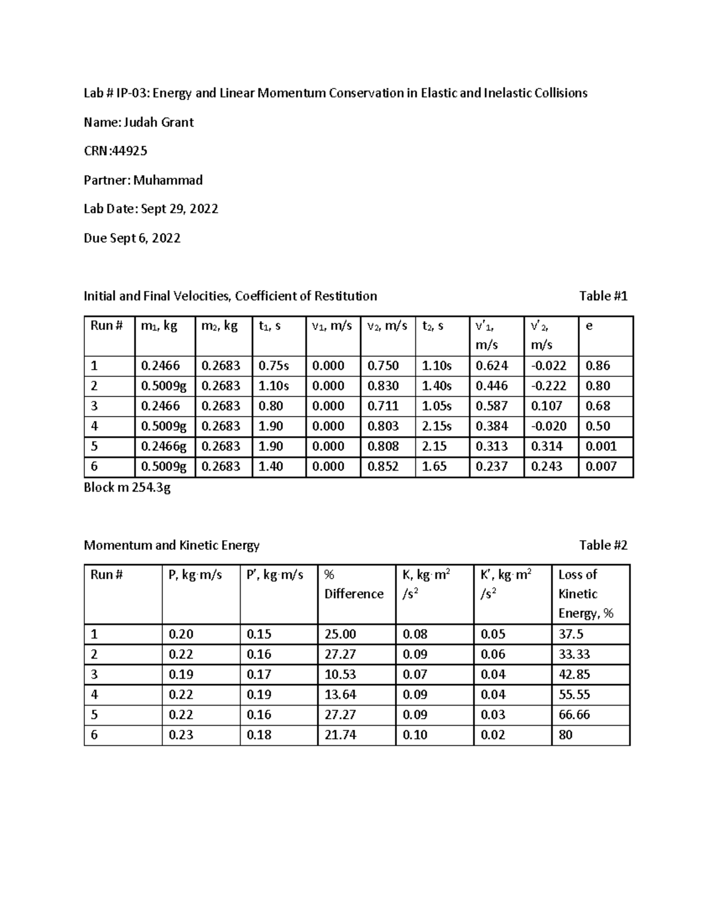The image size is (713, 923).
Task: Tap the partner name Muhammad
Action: tap(168, 180)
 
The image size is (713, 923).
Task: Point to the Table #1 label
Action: tap(603, 296)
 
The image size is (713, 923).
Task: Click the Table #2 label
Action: tap(603, 545)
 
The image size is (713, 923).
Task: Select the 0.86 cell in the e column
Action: tap(598, 366)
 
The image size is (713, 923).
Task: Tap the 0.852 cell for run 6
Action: tap(383, 467)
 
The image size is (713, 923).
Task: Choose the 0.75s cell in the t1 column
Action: tap(274, 366)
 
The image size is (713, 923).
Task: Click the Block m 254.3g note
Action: tap(127, 488)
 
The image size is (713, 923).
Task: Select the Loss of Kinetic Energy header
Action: tap(585, 594)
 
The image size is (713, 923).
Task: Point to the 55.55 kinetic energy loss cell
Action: tap(574, 695)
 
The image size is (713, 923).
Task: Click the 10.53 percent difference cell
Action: tap(340, 675)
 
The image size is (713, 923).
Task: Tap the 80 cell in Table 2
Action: tap(566, 735)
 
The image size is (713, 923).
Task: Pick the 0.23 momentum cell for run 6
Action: tap(181, 735)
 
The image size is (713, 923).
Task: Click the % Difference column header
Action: tap(354, 584)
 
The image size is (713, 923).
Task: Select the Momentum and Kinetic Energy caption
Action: tap(172, 545)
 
